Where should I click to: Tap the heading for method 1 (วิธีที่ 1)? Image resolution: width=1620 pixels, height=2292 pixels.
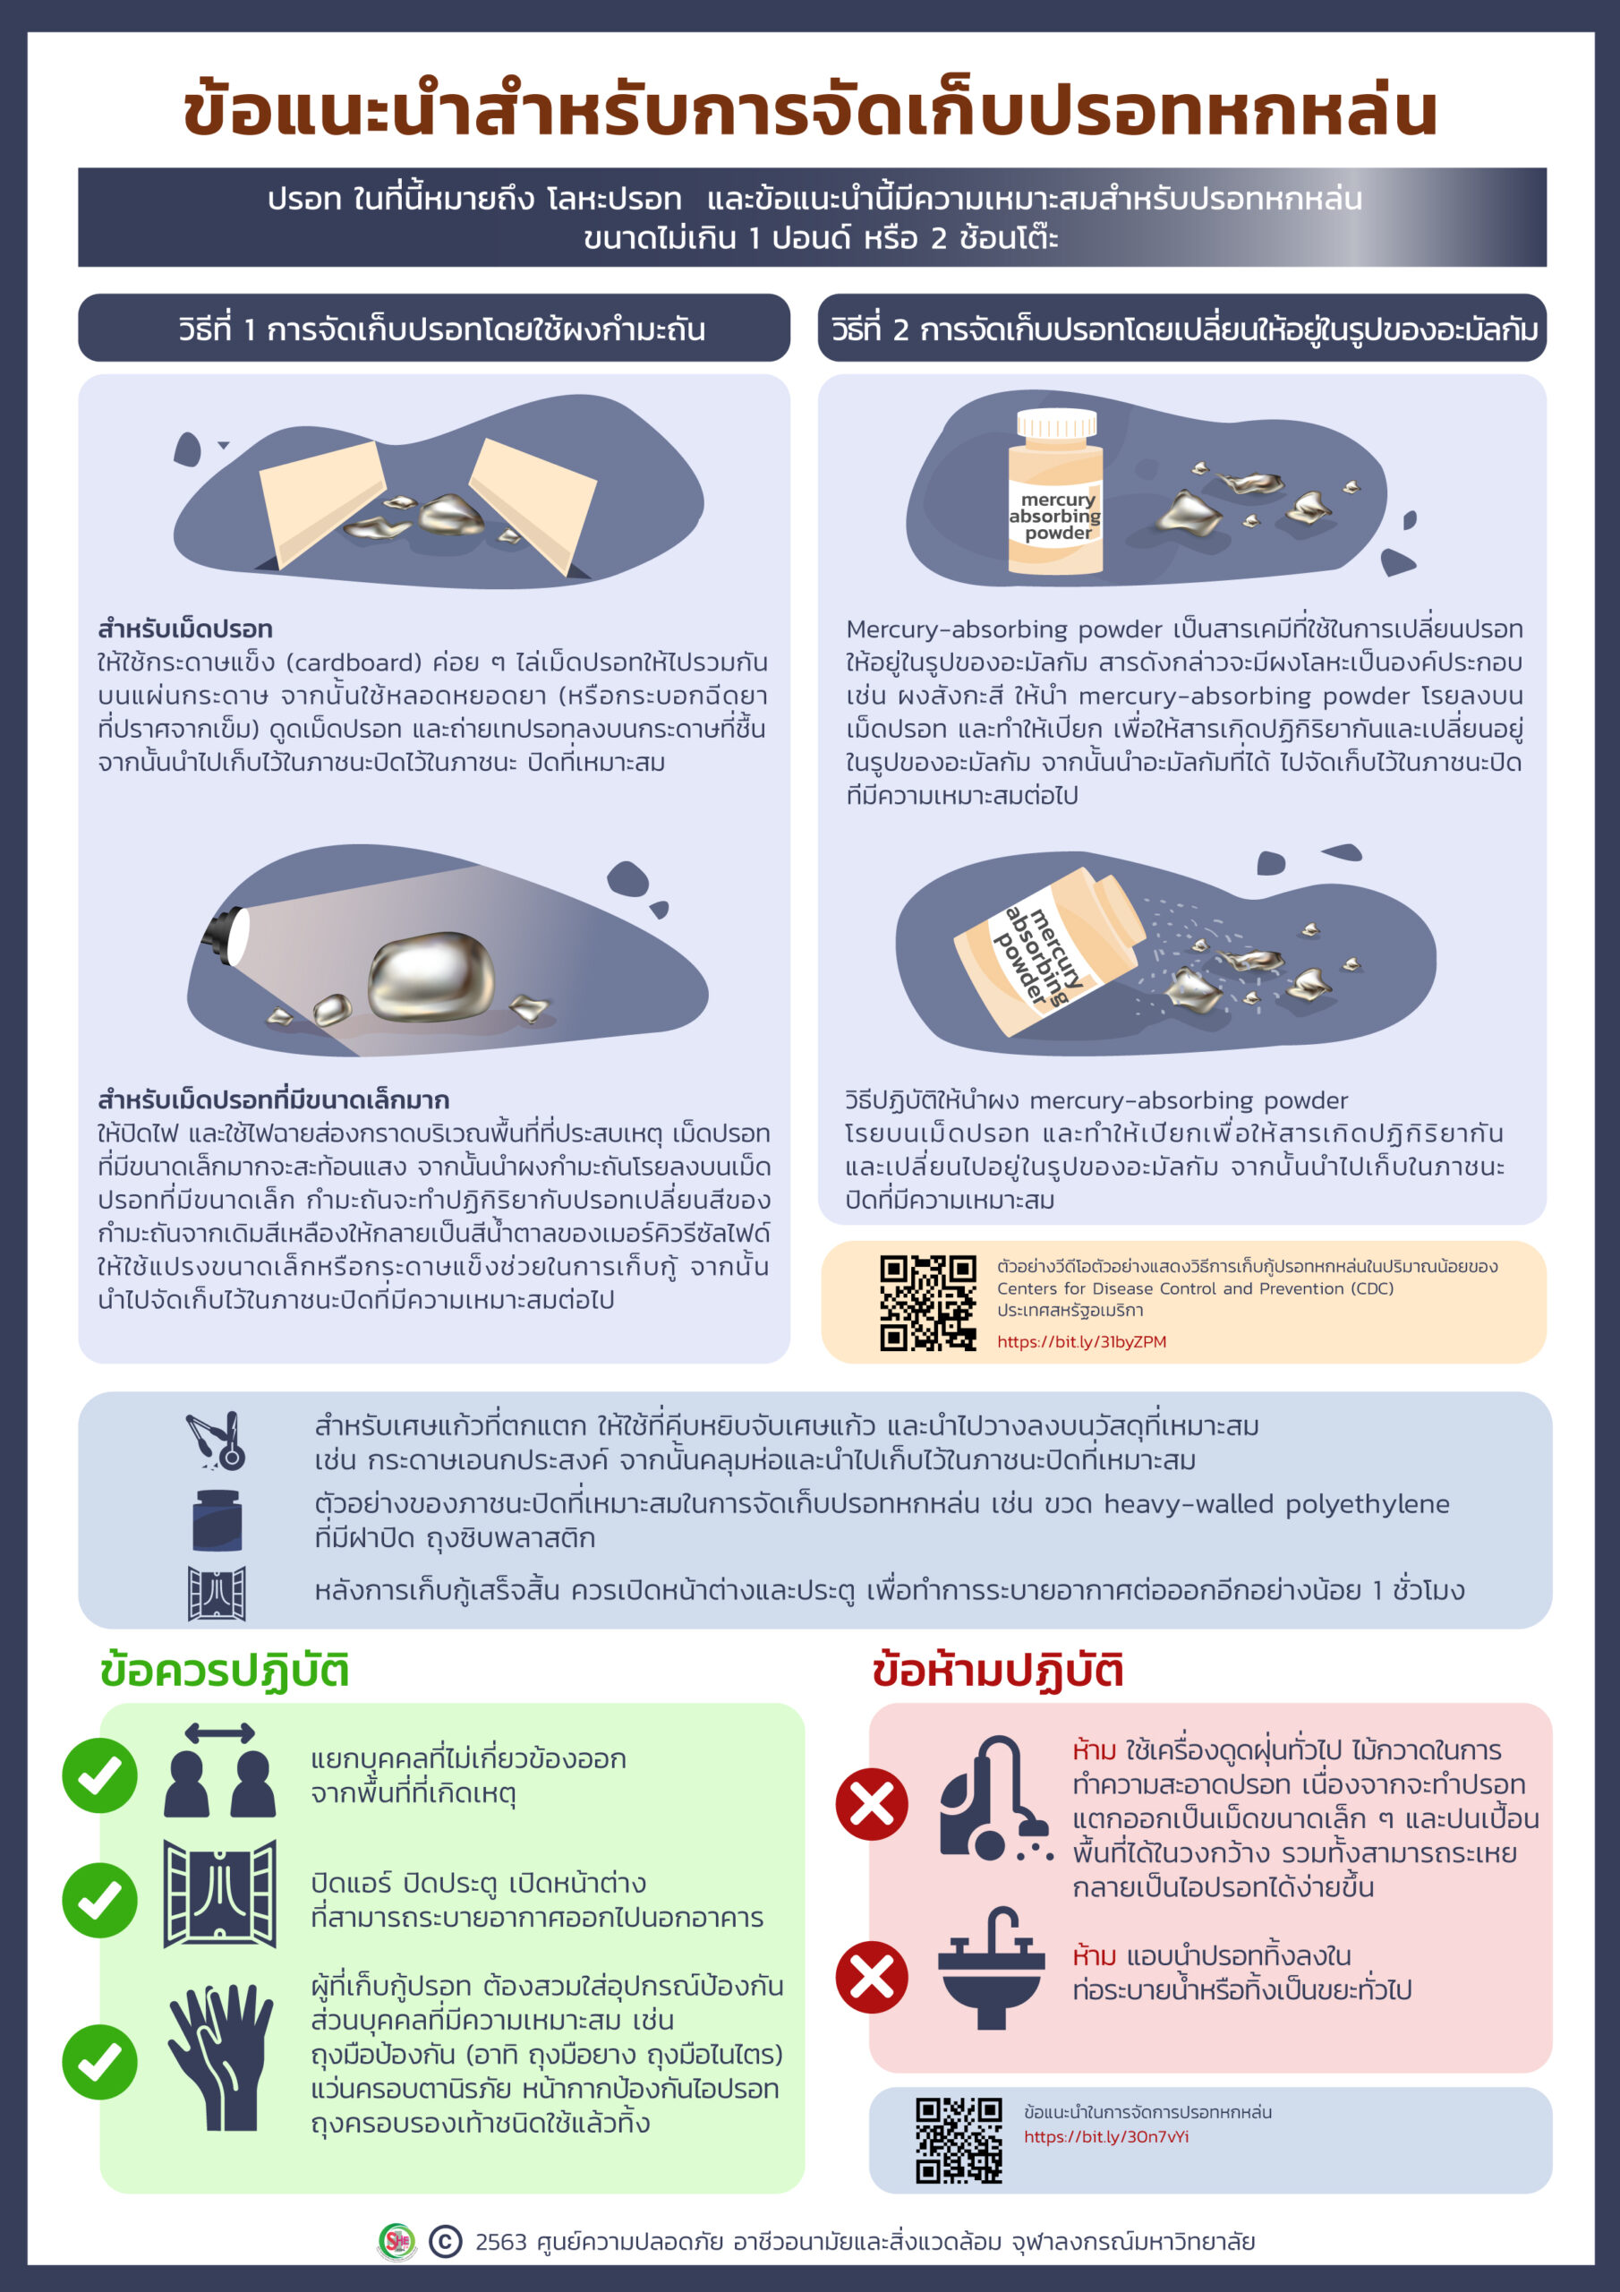(x=441, y=329)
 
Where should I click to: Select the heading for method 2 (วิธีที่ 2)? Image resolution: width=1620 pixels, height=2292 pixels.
(x=1184, y=329)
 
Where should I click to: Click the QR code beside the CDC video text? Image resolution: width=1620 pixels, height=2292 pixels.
(x=927, y=1302)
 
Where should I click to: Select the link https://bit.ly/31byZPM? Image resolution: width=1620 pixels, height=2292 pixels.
(x=1081, y=1342)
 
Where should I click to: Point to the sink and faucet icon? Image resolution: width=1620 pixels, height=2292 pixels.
(x=991, y=1969)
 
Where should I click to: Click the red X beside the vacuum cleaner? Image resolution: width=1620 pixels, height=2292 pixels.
(x=872, y=1805)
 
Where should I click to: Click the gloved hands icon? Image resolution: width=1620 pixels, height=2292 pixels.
(x=219, y=2057)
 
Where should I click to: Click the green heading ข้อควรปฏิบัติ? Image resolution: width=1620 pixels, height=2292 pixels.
(x=225, y=1671)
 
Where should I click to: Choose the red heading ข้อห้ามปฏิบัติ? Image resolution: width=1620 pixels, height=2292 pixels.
(x=998, y=1671)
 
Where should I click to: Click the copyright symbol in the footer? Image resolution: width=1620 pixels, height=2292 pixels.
(x=445, y=2242)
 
